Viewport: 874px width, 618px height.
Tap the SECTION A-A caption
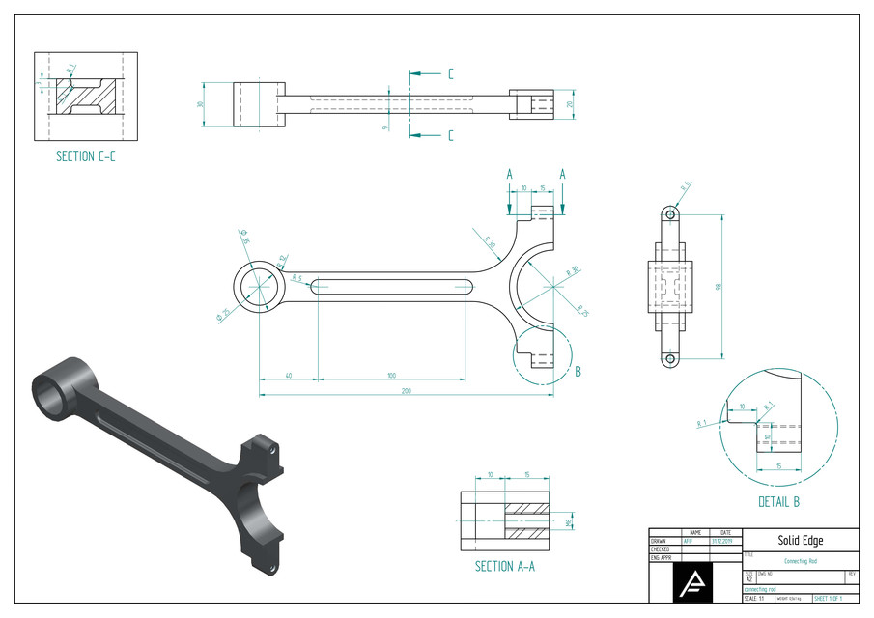coord(507,566)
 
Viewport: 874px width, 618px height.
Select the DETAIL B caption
coord(778,501)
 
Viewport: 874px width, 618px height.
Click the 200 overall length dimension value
coord(406,391)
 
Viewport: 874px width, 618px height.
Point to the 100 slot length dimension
coord(391,374)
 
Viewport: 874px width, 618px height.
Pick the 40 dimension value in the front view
coord(289,374)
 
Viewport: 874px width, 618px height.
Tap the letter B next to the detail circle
coord(577,370)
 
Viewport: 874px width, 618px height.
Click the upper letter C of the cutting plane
coord(450,73)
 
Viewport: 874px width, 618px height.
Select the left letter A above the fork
coord(509,174)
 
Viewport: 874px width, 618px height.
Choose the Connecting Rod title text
coord(801,561)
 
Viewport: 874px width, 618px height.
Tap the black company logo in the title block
coord(693,582)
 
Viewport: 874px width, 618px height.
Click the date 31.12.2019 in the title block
coord(723,541)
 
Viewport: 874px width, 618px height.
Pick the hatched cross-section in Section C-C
coord(86,96)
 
